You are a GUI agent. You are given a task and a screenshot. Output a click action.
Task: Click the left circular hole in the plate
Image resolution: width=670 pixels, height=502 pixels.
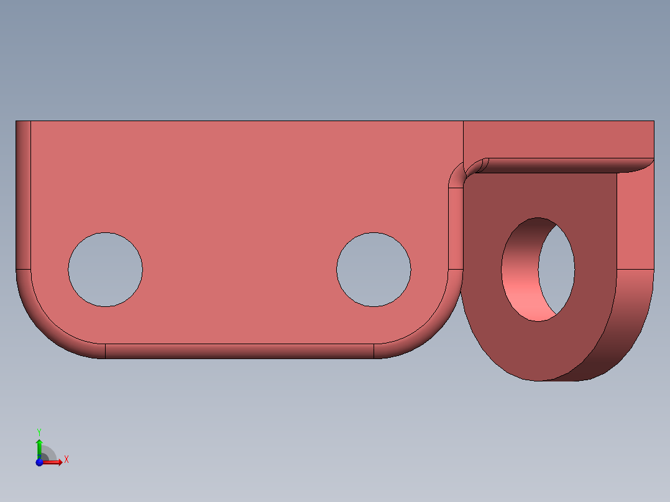click(105, 269)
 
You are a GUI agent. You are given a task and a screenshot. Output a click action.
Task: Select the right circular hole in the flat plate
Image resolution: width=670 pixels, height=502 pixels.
click(374, 269)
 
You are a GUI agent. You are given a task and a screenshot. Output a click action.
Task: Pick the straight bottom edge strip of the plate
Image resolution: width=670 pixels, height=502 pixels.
click(239, 351)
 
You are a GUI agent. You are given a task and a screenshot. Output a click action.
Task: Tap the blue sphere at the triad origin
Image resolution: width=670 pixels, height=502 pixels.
click(39, 462)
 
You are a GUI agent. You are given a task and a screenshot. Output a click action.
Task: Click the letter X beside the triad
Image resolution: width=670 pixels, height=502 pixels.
click(67, 460)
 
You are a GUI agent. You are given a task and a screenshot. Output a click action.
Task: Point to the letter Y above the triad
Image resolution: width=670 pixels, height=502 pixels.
click(39, 431)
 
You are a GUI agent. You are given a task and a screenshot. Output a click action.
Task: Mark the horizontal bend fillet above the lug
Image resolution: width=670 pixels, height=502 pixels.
click(559, 165)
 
